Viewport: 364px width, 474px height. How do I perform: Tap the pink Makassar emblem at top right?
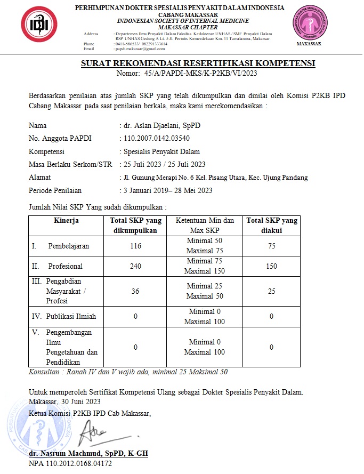(x=309, y=24)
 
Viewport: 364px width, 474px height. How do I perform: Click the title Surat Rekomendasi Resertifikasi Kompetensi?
(x=198, y=63)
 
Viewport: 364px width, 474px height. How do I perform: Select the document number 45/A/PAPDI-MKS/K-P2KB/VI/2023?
(x=201, y=74)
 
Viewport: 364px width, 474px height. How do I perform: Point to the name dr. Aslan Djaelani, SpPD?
(x=160, y=126)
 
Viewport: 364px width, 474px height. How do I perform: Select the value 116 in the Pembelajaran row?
(x=135, y=246)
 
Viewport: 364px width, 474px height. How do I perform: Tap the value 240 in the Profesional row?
(x=135, y=266)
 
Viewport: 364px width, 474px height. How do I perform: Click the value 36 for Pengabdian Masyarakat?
(x=135, y=291)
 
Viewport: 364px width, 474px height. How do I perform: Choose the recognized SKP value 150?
(x=271, y=266)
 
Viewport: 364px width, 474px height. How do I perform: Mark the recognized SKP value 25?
(x=271, y=291)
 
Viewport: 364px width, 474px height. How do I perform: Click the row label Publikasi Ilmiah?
(x=71, y=316)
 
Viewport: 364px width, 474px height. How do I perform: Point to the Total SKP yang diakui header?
(x=271, y=225)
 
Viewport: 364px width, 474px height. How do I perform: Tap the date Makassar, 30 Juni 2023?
(x=64, y=401)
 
